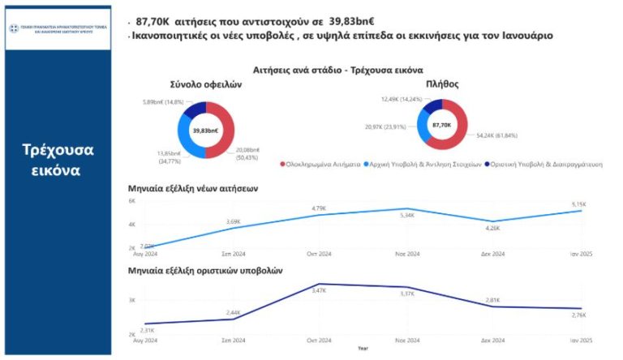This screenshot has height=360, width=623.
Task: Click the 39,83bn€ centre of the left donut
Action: tap(205, 131)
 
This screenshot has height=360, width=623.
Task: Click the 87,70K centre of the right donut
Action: tap(442, 126)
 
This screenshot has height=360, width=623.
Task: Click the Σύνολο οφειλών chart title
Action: tap(204, 84)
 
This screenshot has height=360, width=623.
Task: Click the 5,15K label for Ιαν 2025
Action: tap(578, 204)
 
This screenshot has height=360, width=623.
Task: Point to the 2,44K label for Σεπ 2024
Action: tap(233, 312)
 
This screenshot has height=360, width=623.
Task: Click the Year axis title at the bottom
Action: tap(363, 349)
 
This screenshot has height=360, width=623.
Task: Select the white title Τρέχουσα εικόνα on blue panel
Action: tap(58, 161)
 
